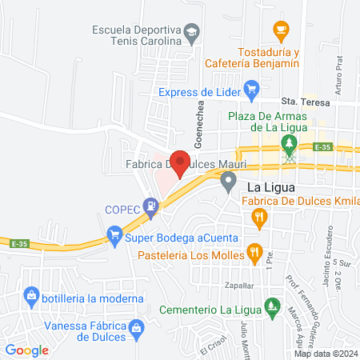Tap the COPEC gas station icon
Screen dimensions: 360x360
pos(150,206)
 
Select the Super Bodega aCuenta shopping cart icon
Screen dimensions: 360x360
pos(114,235)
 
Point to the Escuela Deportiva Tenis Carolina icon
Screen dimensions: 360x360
pos(190,34)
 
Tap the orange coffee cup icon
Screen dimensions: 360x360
pos(280,29)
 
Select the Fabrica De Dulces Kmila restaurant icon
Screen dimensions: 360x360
pos(258,216)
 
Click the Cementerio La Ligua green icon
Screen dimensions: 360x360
pos(273,306)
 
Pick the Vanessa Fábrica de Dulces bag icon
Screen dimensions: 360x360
pos(137,328)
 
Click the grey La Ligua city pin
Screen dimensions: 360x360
pos(229,185)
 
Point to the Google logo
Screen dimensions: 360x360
pos(27,350)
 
